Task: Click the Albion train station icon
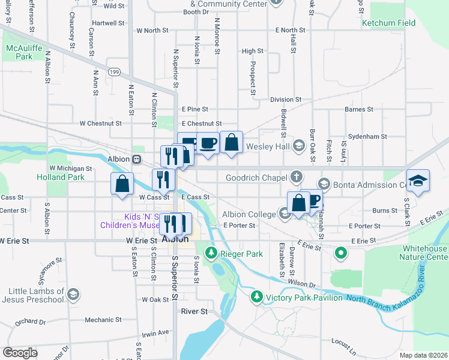(x=137, y=160)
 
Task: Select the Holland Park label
(x=60, y=178)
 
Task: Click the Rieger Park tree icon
(x=211, y=254)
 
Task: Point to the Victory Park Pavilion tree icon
(x=257, y=296)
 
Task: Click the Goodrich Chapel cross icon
(x=295, y=177)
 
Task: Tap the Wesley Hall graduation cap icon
(x=299, y=146)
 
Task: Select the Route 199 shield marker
(x=113, y=73)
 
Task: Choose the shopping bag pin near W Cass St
(x=122, y=183)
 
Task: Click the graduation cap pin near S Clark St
(x=418, y=180)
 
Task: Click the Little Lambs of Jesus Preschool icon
(x=73, y=294)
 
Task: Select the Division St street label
(x=285, y=100)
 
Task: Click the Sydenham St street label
(x=367, y=137)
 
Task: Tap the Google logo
(x=20, y=353)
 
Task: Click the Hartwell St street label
(x=109, y=23)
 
